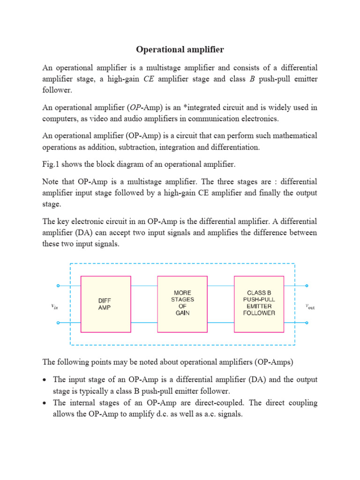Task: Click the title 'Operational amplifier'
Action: pyautogui.click(x=180, y=49)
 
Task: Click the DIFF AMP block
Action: pyautogui.click(x=105, y=304)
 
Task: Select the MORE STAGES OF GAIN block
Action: pyautogui.click(x=182, y=304)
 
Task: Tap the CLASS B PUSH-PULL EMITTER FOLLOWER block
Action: pyautogui.click(x=259, y=304)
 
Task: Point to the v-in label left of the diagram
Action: pyautogui.click(x=54, y=305)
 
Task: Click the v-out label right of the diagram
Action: pyautogui.click(x=310, y=306)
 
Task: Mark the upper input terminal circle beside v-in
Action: pyautogui.click(x=58, y=285)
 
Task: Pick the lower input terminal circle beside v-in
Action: pyautogui.click(x=58, y=322)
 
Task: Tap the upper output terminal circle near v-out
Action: pyautogui.click(x=307, y=285)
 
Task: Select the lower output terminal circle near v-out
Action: pyautogui.click(x=307, y=322)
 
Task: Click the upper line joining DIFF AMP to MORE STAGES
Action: pyautogui.click(x=144, y=285)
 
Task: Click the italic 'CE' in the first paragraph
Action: pyautogui.click(x=149, y=79)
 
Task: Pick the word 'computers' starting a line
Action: pyautogui.click(x=58, y=119)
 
